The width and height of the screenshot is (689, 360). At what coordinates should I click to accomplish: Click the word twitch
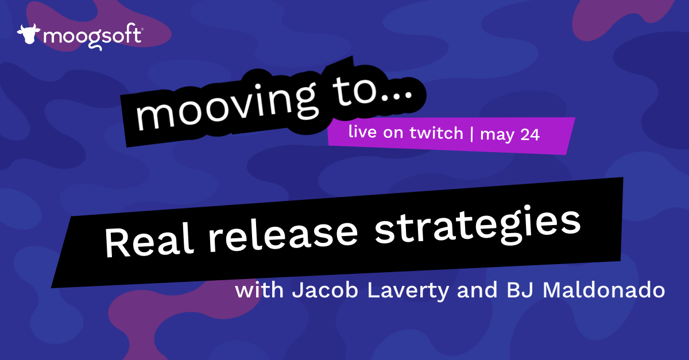pos(439,133)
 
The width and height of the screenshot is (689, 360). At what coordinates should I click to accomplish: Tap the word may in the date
pos(496,136)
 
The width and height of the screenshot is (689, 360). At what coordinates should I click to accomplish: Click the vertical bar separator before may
pos(472,134)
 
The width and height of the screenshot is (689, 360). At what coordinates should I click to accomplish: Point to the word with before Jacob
pos(259,290)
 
